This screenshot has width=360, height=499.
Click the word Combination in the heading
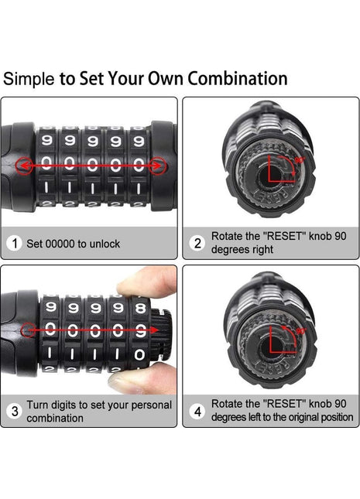[x=238, y=78]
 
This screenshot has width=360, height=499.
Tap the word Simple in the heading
[x=29, y=79]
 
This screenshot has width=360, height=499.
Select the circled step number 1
[x=15, y=244]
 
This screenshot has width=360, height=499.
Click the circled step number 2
[x=197, y=243]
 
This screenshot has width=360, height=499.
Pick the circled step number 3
[x=15, y=411]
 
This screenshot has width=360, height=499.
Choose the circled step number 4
[x=197, y=411]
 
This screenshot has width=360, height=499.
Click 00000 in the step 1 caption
[x=60, y=244]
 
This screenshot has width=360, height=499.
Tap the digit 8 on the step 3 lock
[x=140, y=308]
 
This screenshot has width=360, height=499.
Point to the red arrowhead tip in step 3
[x=158, y=330]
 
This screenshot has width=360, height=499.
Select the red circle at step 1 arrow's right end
[x=158, y=166]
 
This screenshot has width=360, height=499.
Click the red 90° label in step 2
[x=300, y=160]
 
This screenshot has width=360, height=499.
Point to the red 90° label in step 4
[x=301, y=331]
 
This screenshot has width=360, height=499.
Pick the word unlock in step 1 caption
[x=105, y=244]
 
